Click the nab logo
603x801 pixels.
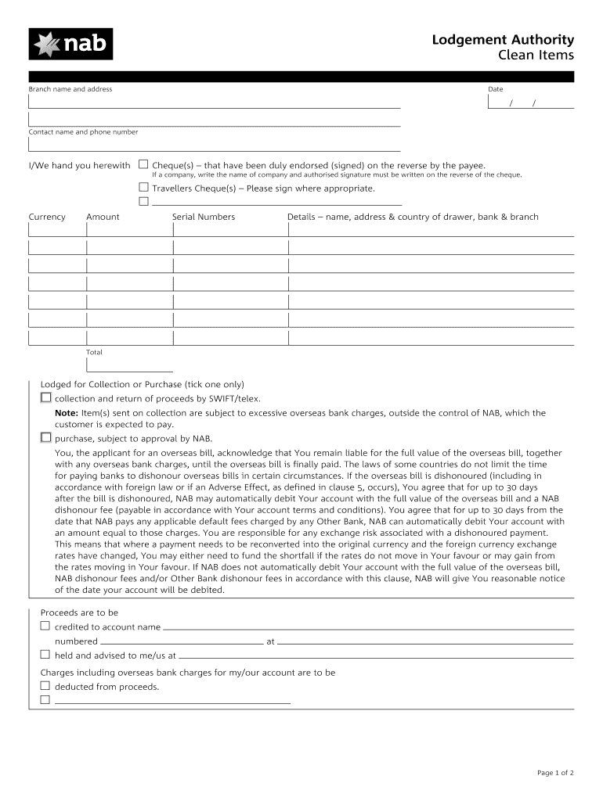(70, 44)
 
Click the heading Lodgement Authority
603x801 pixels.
(503, 40)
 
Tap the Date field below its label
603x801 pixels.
(530, 103)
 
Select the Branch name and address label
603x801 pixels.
(70, 89)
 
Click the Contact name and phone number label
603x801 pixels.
(83, 132)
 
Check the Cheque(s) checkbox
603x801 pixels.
(143, 165)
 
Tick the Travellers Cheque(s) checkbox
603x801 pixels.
(143, 188)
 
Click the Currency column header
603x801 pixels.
(47, 217)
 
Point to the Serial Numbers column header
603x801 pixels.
(203, 217)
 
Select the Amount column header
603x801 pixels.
(103, 217)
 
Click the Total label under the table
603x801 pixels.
(94, 353)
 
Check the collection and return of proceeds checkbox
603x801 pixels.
(45, 398)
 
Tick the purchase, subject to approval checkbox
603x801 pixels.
(45, 438)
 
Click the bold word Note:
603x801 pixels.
(66, 413)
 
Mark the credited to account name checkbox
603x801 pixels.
(45, 627)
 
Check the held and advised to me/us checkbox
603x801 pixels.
(45, 655)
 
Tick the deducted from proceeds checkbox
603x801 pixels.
(45, 686)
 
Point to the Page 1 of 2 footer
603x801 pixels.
(555, 774)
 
